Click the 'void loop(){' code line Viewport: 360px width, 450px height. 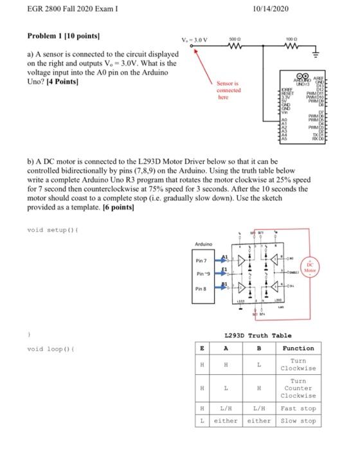click(x=54, y=349)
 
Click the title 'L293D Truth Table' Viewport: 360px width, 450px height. click(x=257, y=336)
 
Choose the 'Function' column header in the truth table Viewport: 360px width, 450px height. click(x=298, y=348)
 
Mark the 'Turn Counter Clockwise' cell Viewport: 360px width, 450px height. click(x=298, y=388)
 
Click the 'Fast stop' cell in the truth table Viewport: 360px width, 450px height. click(x=298, y=409)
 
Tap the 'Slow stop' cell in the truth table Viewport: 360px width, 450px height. click(x=298, y=420)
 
